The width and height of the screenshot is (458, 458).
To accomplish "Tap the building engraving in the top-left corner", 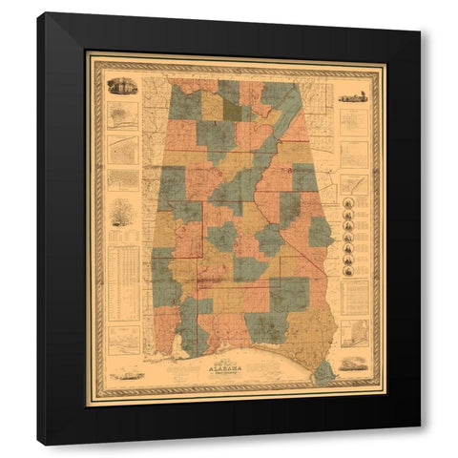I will pos(123,87).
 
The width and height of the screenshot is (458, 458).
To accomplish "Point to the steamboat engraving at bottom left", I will pos(125,373).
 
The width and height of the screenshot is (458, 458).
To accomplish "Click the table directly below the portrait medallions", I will pos(353,297).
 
